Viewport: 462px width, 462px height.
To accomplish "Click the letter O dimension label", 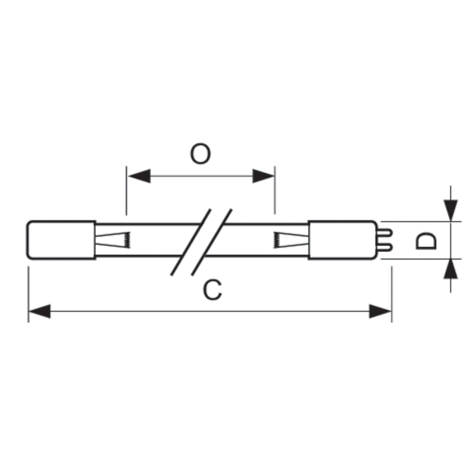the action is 200,154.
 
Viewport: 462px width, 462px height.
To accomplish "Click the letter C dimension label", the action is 212,290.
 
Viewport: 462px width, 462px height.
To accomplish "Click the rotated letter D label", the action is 426,241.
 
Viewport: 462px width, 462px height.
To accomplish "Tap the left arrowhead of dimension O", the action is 139,176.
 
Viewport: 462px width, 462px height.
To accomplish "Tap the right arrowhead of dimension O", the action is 263,176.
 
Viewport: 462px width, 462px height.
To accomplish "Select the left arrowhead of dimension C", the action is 39,311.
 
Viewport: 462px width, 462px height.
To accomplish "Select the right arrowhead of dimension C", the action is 380,311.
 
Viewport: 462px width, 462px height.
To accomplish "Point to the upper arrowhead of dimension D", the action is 450,210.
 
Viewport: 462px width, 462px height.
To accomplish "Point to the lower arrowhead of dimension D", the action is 450,270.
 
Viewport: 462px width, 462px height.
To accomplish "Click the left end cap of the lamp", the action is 61,240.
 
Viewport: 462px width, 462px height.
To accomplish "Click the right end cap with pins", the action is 342,240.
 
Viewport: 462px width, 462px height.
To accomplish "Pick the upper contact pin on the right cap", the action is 385,233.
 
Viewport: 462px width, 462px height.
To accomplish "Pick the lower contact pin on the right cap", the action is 385,247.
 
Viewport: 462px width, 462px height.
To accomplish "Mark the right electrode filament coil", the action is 276,240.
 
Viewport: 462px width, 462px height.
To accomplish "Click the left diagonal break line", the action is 191,242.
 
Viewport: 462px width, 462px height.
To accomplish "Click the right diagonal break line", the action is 211,242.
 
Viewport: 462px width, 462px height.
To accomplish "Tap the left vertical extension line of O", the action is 126,191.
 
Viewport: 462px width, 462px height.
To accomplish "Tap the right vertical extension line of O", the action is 275,190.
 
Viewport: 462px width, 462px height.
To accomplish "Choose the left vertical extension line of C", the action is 28,295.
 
